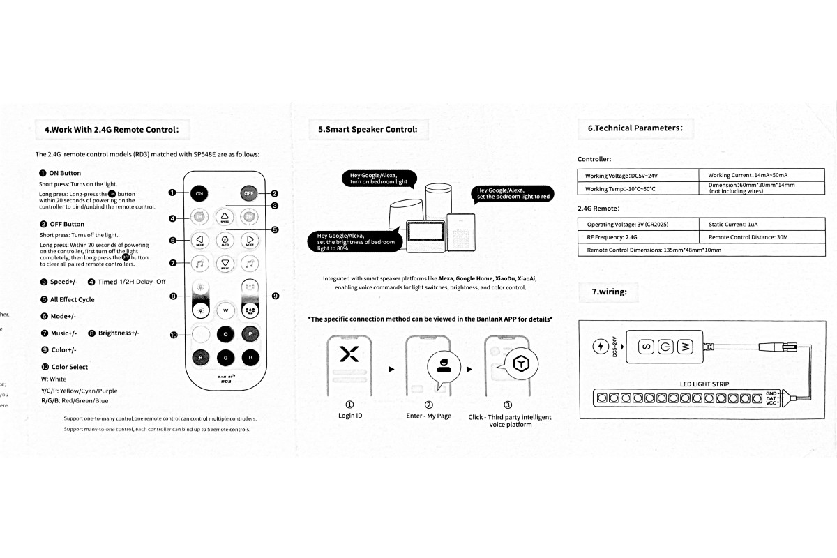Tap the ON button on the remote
pos(199,193)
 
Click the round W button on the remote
pos(225,309)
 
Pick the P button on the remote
pos(250,333)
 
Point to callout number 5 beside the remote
pos(275,229)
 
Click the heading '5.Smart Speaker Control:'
pos(368,129)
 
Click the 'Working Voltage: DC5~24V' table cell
pos(638,176)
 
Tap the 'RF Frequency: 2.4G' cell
pos(638,237)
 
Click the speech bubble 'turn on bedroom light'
pos(379,179)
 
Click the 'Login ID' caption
pos(349,416)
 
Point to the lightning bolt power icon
pos(600,346)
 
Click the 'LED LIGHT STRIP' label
pos(704,384)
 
